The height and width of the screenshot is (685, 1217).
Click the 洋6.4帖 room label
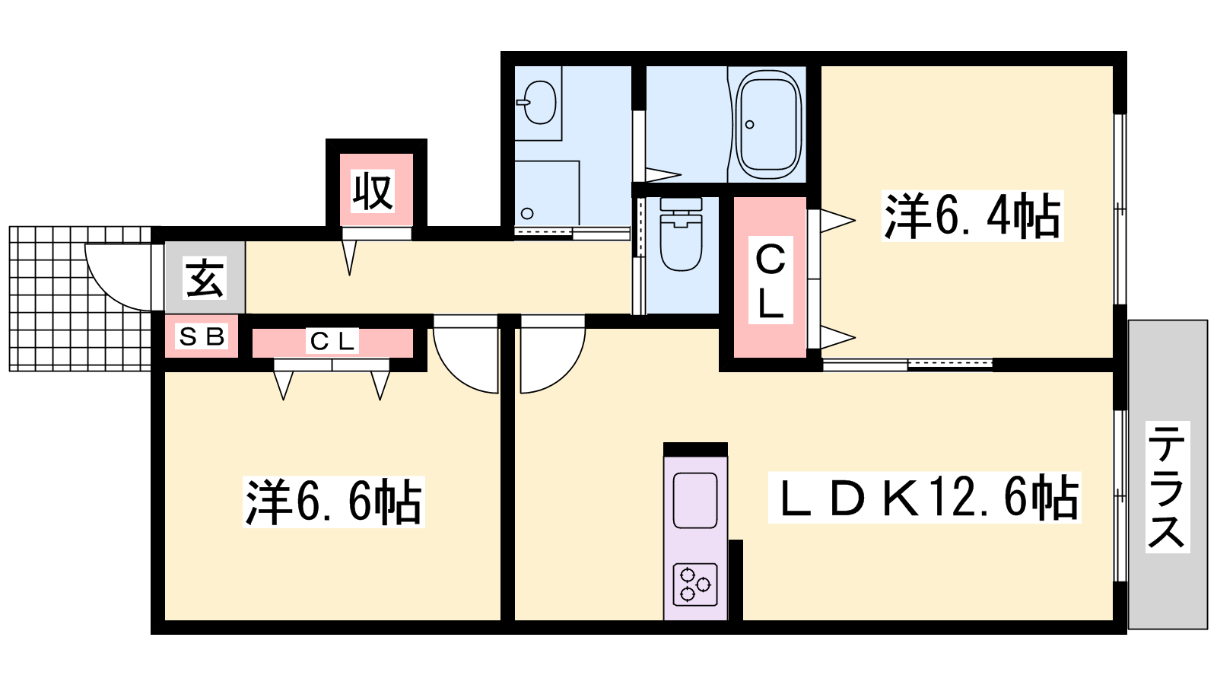(x=972, y=216)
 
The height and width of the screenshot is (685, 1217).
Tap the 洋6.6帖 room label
(x=334, y=502)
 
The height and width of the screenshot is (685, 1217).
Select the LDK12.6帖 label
(x=924, y=498)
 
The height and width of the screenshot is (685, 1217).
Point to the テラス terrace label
(x=1168, y=486)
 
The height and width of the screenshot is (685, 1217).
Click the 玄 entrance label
(x=205, y=278)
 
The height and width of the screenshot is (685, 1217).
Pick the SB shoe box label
(x=202, y=337)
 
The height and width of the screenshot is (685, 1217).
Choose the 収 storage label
(x=373, y=191)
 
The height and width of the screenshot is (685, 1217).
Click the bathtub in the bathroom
(x=769, y=125)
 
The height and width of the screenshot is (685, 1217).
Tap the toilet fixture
(x=681, y=234)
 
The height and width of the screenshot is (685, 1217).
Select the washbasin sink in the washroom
(x=539, y=102)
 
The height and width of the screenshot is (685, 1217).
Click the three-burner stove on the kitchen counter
(x=695, y=585)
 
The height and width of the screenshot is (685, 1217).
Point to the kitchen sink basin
(x=695, y=500)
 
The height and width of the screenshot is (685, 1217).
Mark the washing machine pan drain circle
(x=527, y=214)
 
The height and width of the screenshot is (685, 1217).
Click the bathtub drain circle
(x=750, y=125)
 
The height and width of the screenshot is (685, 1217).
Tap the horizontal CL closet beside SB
(x=332, y=342)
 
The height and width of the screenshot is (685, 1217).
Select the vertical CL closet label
(x=771, y=281)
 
